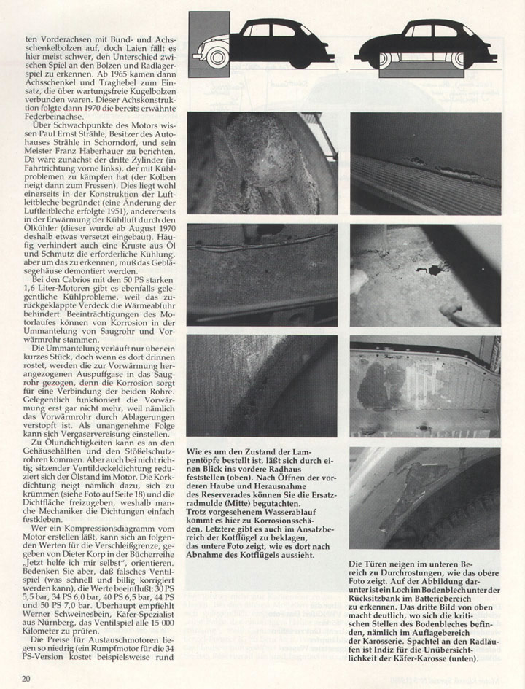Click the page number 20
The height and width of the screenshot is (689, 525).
coord(26,679)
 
